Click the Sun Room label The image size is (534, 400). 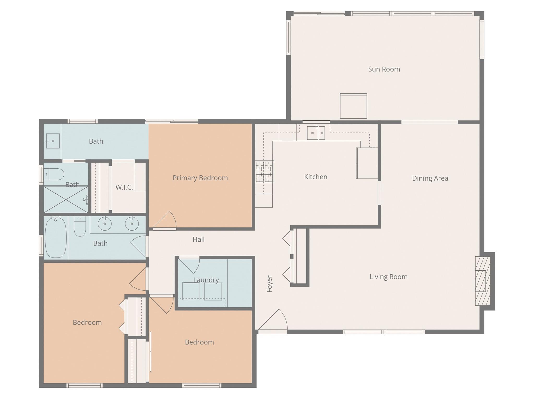click(x=384, y=69)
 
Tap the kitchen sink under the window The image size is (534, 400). click(x=316, y=133)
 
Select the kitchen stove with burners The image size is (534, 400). click(x=265, y=171)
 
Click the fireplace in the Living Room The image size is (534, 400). click(x=483, y=281)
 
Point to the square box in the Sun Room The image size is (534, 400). click(x=353, y=106)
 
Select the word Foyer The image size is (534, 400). click(x=269, y=284)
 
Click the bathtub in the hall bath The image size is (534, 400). click(x=56, y=238)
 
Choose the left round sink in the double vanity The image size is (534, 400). click(x=105, y=224)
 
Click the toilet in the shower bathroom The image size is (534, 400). click(x=54, y=174)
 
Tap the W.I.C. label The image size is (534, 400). click(x=124, y=187)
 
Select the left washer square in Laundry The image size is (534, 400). click(x=191, y=291)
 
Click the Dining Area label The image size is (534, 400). click(x=430, y=179)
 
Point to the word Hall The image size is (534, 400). click(x=199, y=239)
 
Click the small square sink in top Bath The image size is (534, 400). click(x=53, y=141)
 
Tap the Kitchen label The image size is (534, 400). click(x=316, y=177)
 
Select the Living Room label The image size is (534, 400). click(x=388, y=277)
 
